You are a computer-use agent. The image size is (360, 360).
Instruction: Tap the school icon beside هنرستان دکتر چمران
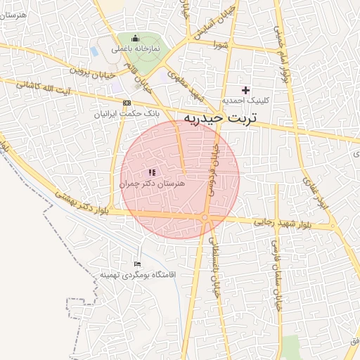[x=152, y=172]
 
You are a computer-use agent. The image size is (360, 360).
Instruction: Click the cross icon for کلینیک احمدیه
[x=245, y=90]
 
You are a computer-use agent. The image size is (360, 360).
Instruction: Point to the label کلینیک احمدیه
[x=245, y=101]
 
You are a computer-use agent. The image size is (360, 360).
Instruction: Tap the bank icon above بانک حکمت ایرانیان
[x=127, y=103]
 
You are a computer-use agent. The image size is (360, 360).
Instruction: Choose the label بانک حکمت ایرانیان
[x=128, y=112]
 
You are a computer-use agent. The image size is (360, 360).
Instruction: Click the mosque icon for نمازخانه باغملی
[x=135, y=39]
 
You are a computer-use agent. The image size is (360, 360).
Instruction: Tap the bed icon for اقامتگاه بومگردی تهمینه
[x=138, y=264]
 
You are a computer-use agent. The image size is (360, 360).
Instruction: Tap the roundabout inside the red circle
[x=205, y=219]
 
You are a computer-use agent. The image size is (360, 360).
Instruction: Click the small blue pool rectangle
[x=94, y=51]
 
